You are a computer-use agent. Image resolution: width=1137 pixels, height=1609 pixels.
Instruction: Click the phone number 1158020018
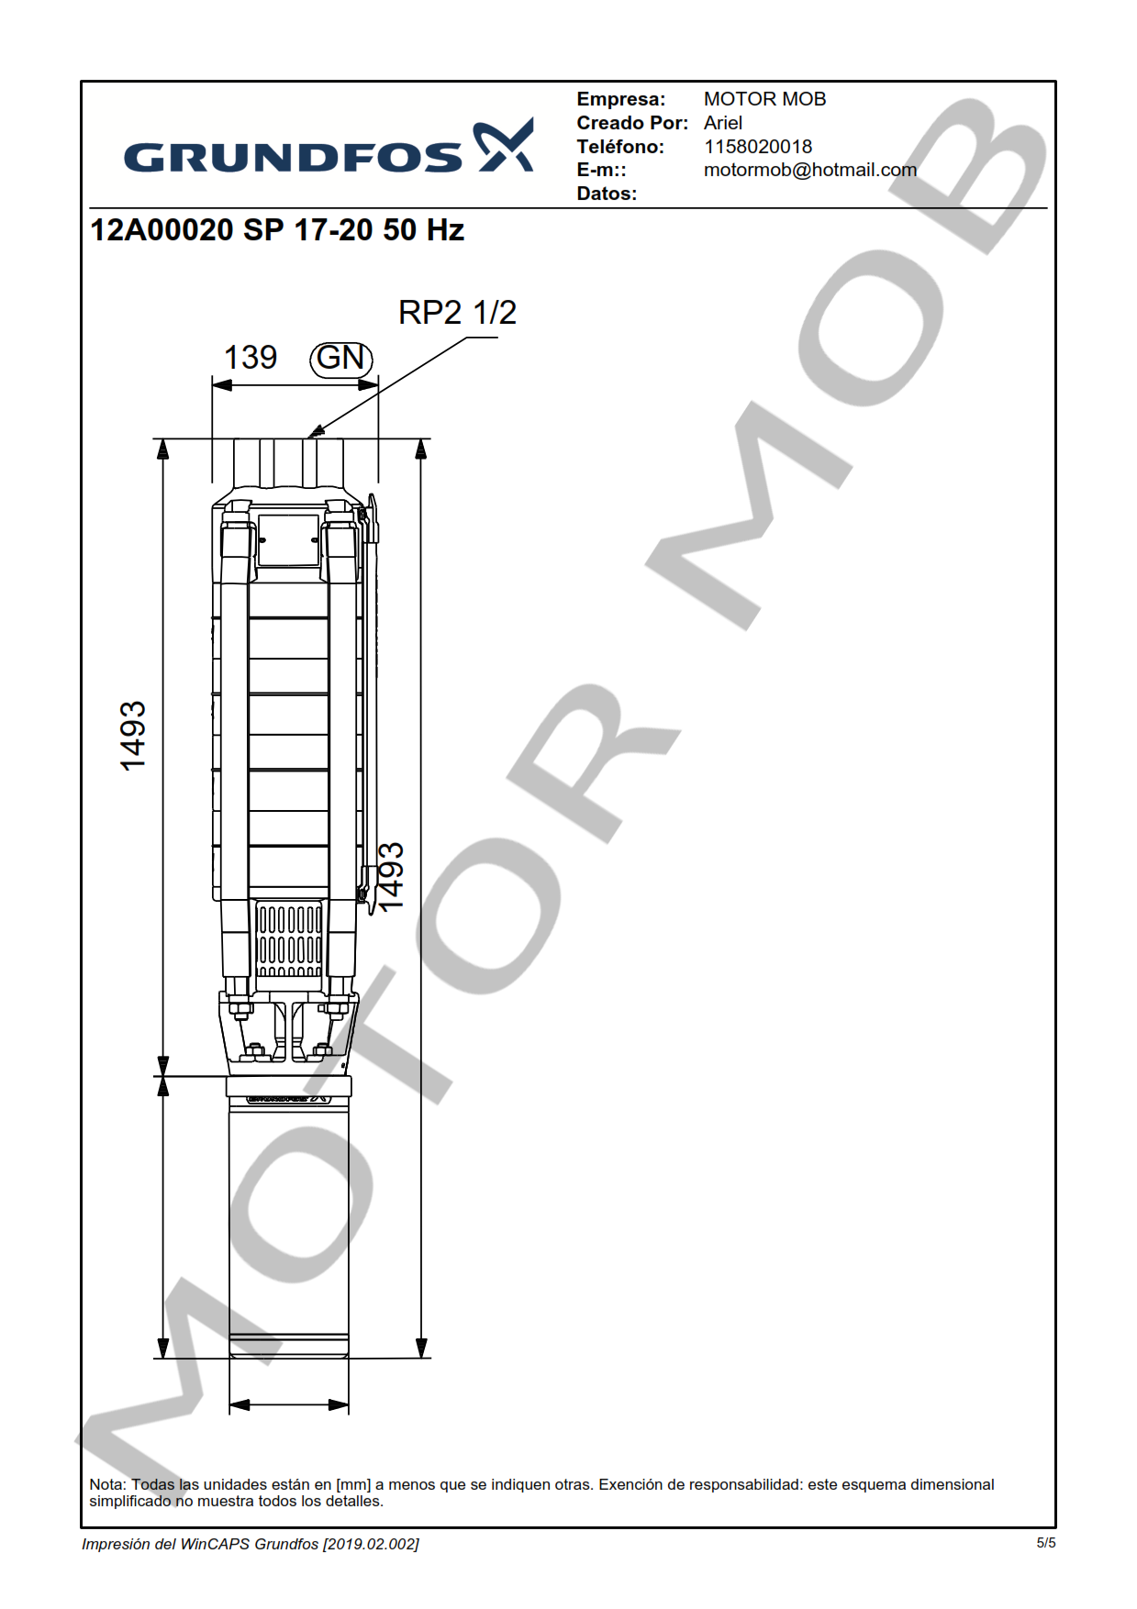point(758,147)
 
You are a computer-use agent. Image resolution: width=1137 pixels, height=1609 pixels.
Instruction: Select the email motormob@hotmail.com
point(810,170)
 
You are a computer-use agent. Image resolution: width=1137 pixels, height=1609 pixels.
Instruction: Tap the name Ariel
point(723,123)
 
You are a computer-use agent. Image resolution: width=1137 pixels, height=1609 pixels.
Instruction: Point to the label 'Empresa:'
point(621,99)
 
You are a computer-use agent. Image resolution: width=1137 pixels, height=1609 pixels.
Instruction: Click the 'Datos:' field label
point(607,194)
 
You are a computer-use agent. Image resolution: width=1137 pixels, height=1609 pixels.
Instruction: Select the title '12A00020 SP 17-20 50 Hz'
point(277,229)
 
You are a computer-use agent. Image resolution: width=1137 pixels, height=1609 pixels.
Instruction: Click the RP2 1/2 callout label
point(457,313)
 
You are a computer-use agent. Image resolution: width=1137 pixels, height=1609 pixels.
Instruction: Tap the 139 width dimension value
point(251,358)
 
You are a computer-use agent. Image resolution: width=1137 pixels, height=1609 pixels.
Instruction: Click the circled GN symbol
point(341,358)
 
